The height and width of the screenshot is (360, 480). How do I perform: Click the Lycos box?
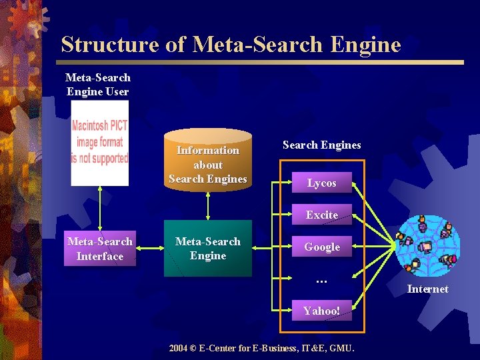click(321, 183)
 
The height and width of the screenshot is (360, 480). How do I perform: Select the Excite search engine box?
click(321, 215)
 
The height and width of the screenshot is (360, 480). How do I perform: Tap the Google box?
click(321, 247)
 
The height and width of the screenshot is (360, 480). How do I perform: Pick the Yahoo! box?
click(321, 311)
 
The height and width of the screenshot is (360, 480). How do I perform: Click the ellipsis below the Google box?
click(321, 281)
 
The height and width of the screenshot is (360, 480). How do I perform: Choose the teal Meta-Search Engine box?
click(208, 249)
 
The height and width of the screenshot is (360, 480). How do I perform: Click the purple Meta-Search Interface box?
click(100, 249)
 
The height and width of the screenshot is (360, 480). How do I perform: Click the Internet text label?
click(427, 289)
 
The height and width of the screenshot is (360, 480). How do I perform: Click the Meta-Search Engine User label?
click(98, 85)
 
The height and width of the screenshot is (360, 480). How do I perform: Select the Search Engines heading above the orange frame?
click(321, 145)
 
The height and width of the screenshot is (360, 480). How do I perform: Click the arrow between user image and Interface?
click(100, 208)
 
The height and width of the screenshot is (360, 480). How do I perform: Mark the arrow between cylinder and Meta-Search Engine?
click(208, 207)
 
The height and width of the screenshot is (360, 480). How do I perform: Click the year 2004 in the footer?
click(179, 348)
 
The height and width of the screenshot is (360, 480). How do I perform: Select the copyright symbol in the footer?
click(195, 348)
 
